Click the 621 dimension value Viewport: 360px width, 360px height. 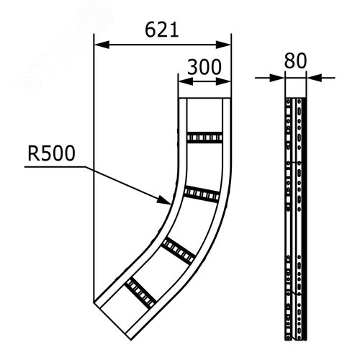(162, 30)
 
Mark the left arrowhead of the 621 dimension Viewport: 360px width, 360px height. (99, 45)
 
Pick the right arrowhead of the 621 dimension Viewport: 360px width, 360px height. (228, 45)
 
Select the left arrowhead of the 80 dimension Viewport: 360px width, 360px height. (283, 76)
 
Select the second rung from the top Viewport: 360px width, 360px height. (202, 194)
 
